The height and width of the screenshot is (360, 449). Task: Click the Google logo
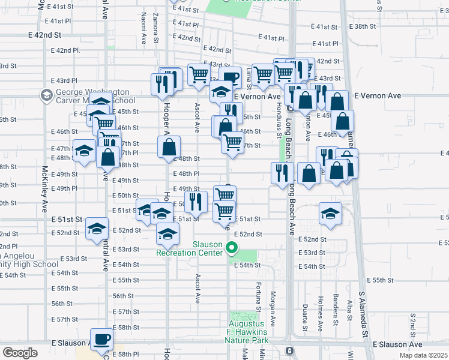coord(19,353)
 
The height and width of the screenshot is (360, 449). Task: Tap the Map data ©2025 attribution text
coord(424,355)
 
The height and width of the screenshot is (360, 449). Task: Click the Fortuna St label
coord(259,296)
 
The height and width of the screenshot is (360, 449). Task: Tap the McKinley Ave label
coord(44,189)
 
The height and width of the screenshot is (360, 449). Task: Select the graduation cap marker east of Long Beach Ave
coord(330,214)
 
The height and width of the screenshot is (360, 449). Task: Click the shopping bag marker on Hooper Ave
coord(170,146)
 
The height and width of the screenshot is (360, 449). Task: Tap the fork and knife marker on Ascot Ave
coord(196,201)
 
